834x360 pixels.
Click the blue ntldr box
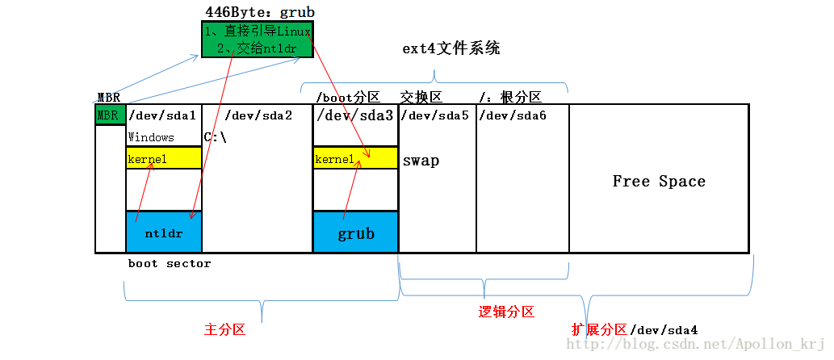164,232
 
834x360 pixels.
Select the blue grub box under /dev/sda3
355,232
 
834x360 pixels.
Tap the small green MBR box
108,115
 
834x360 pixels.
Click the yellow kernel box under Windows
164,159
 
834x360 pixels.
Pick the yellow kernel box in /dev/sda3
355,159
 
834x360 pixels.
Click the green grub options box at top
256,40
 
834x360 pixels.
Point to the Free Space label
659,182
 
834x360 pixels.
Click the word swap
421,161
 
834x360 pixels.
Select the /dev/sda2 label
258,115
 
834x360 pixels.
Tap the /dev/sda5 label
434,115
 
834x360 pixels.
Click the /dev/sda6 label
512,115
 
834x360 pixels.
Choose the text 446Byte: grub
260,12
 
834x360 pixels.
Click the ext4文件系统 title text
451,48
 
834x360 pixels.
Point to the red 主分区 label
224,330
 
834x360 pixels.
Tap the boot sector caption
170,264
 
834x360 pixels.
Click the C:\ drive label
216,137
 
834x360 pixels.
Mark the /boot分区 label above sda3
348,97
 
